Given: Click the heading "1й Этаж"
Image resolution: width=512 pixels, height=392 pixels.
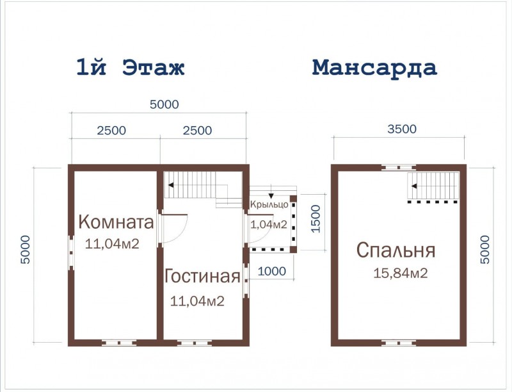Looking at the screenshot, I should [130, 68].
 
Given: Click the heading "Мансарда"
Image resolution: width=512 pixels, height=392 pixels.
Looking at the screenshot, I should [374, 67].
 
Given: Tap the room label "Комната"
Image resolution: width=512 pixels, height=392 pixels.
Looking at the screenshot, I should [116, 222].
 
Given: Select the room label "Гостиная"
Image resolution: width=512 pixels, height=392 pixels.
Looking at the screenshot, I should [202, 277].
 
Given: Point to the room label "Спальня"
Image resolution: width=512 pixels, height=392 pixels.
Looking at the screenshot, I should [396, 250].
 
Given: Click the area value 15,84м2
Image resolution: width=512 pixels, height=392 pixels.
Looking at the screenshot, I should [401, 274].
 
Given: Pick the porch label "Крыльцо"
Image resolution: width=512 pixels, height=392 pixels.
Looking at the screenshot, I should [269, 205].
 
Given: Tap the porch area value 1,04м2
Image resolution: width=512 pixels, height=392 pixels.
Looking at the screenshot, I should [269, 224].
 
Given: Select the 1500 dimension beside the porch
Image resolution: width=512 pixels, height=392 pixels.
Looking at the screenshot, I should [315, 220].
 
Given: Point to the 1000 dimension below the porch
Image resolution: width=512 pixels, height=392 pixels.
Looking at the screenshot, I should [271, 272].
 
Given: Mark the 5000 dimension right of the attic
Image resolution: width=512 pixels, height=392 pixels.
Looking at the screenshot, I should [484, 250].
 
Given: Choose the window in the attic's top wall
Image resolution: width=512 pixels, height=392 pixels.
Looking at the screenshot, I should [398, 167].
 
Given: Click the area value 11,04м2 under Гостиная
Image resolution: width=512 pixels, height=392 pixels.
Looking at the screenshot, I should [197, 301].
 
